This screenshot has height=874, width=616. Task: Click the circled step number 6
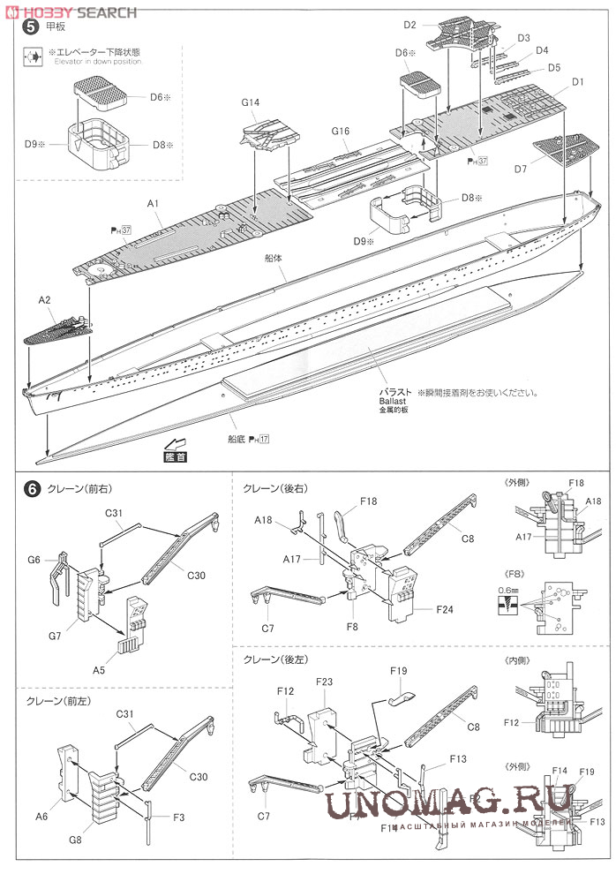click(32, 487)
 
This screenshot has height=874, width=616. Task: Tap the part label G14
click(250, 103)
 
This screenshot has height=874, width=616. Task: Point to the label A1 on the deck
click(153, 203)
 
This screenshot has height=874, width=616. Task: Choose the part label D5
click(553, 67)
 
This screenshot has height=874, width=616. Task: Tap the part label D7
click(519, 168)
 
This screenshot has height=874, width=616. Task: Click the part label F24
click(443, 608)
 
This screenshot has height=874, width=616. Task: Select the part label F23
click(323, 682)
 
